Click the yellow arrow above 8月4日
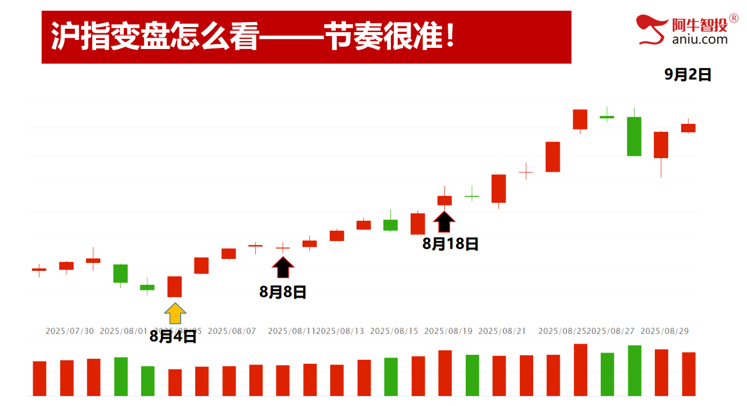[x=175, y=314]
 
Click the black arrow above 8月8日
[x=283, y=267]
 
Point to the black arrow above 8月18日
[x=444, y=222]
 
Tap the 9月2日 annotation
[x=687, y=74]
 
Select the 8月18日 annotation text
[x=450, y=244]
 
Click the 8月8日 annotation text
[x=282, y=292]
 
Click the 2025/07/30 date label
[x=70, y=331]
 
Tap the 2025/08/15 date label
[x=394, y=331]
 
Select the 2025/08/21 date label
[x=502, y=331]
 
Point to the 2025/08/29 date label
[x=664, y=331]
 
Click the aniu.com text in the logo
[x=699, y=39]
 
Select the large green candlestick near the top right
[x=634, y=136]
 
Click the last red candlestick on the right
[x=688, y=128]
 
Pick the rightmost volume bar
[x=688, y=374]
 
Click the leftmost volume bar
[x=39, y=378]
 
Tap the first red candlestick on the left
[x=39, y=270]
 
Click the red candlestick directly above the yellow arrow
[x=174, y=287]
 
